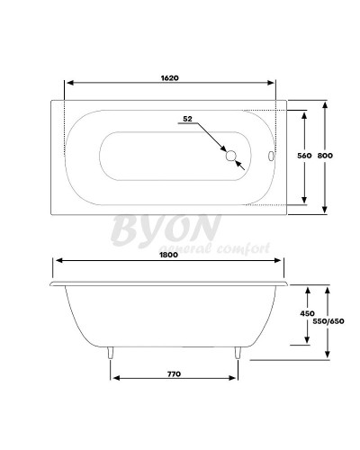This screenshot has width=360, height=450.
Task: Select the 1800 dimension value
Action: point(171,254)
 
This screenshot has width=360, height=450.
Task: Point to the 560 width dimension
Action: point(303,156)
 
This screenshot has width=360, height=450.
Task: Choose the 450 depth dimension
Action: point(309,313)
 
